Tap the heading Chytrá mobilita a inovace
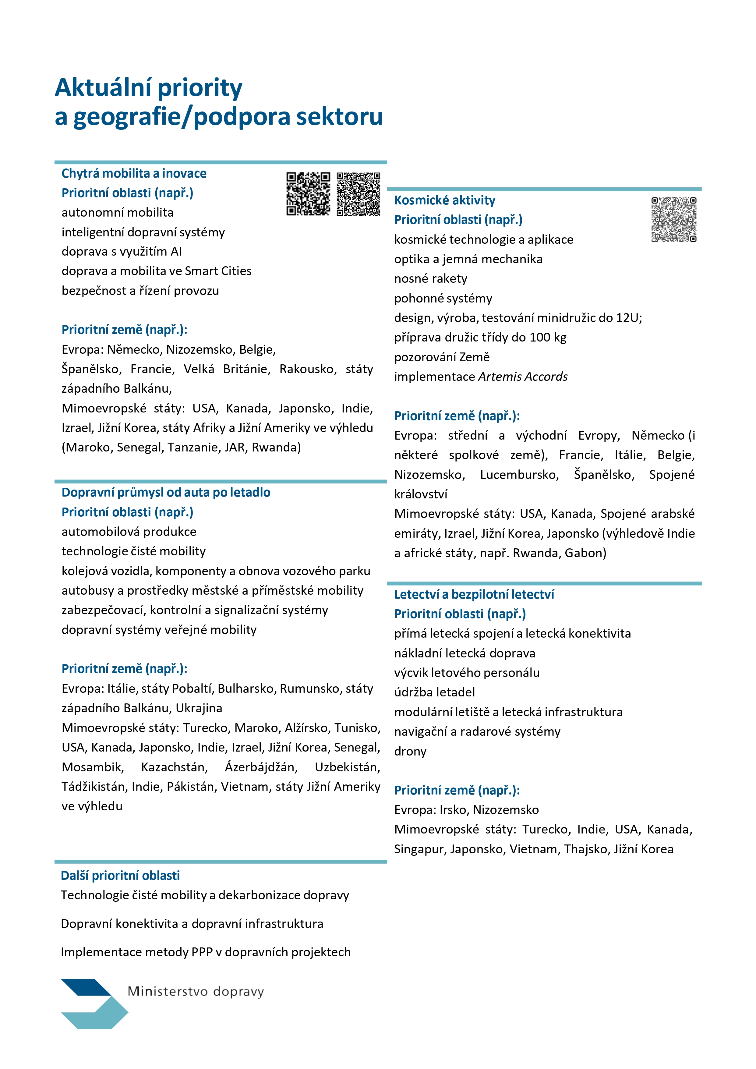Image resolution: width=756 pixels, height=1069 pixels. coord(134,174)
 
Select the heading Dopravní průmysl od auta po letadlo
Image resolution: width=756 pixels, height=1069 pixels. coord(166,493)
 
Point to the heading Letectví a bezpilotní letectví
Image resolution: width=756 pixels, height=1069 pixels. coord(474,595)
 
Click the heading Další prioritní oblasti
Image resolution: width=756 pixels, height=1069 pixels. coord(120,876)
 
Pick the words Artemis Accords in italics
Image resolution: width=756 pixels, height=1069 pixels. coord(523,377)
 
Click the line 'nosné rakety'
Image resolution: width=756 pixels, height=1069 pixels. coord(431,278)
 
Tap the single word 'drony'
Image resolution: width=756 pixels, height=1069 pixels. coord(410,752)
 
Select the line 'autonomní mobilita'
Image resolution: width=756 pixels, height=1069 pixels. coord(117,213)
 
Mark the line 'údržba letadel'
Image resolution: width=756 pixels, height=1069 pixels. coord(434,692)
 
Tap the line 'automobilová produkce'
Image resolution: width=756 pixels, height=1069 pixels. coord(129,532)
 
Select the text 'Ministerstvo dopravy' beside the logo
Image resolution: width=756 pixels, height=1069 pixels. coord(196,992)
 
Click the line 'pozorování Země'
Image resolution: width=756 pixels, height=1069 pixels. coord(442,357)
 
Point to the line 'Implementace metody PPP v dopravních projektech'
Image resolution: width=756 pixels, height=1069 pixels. coord(205,952)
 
